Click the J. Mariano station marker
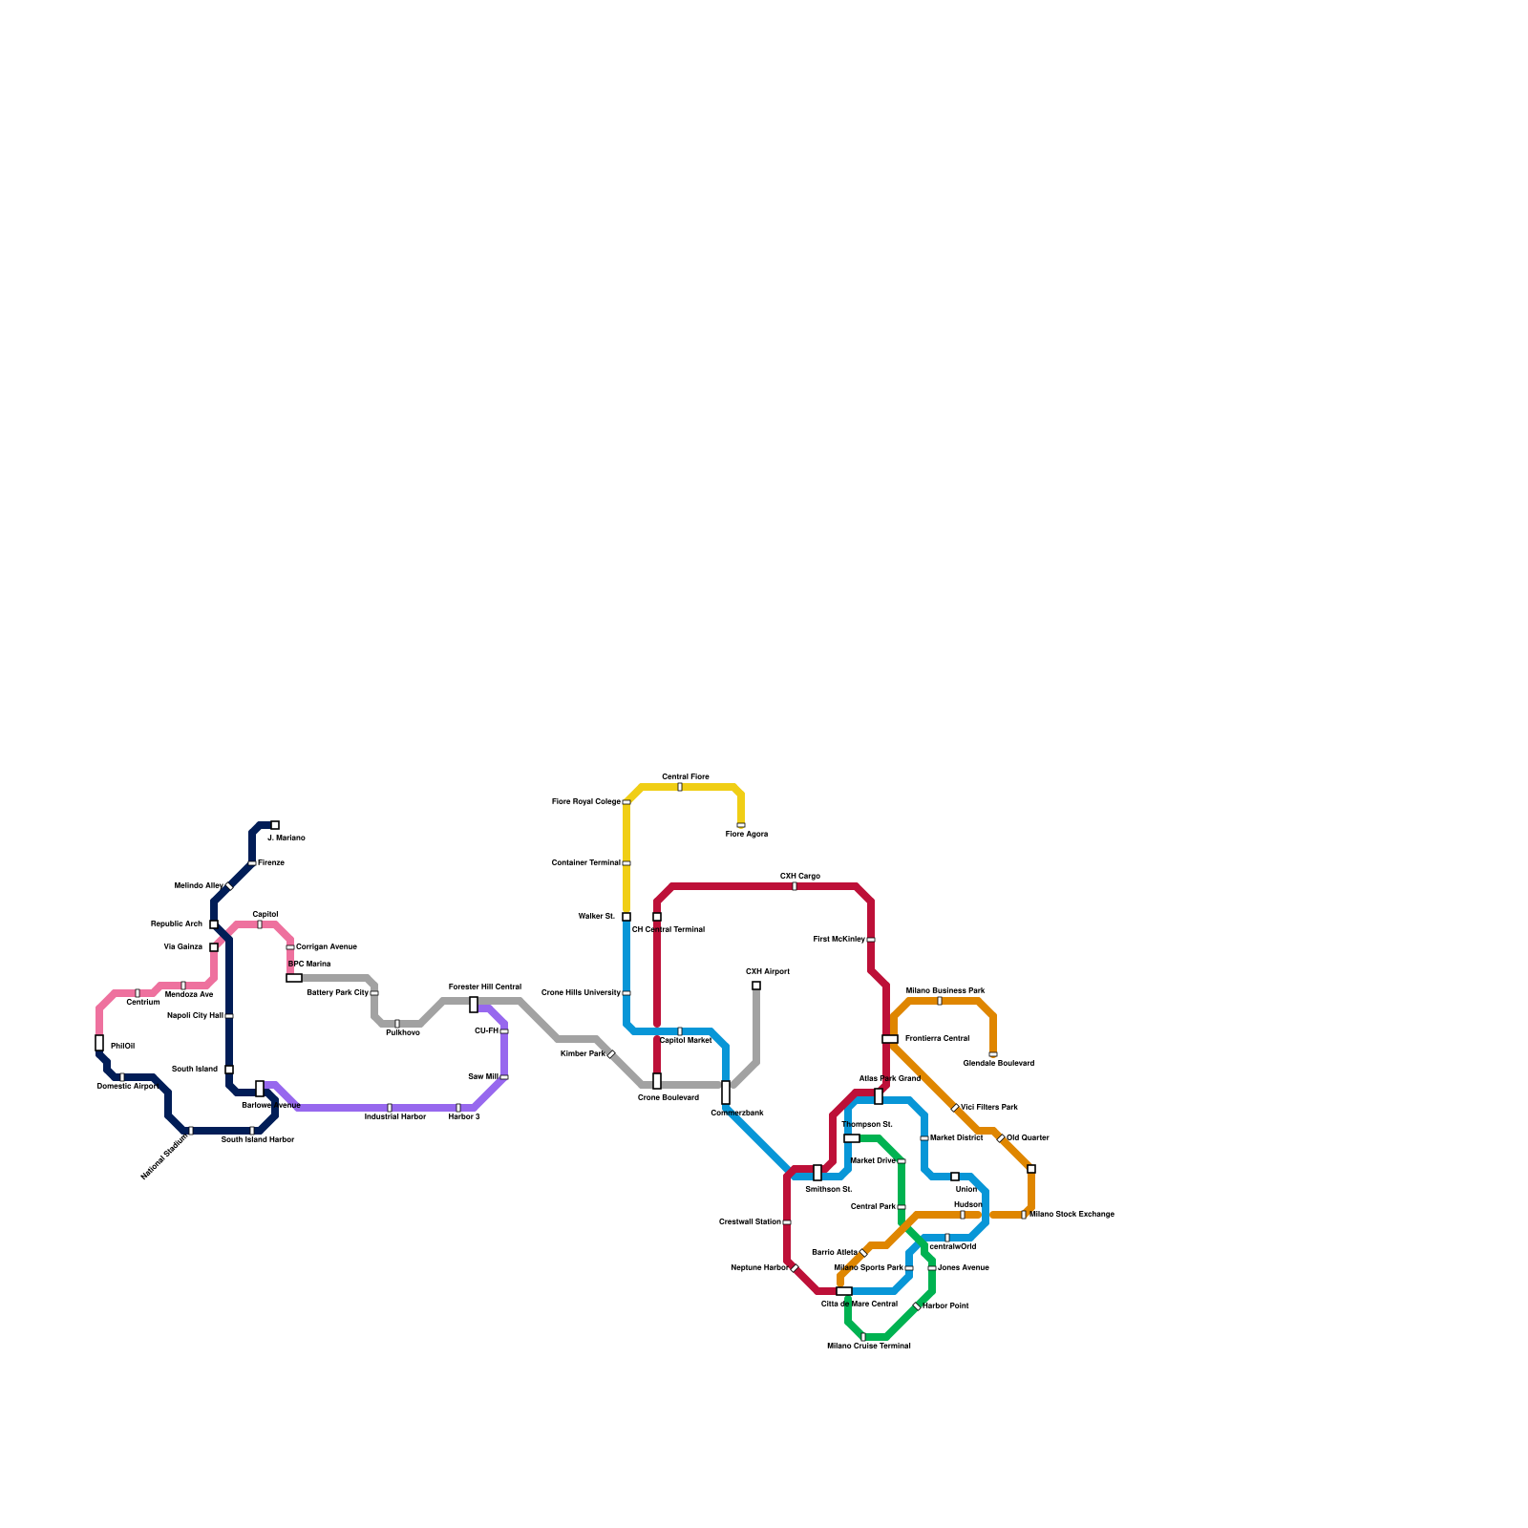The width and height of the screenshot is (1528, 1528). tap(275, 825)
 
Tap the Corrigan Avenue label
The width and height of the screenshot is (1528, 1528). tap(326, 947)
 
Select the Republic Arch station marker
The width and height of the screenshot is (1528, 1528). tap(214, 924)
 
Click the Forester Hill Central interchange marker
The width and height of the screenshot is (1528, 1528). tap(474, 1005)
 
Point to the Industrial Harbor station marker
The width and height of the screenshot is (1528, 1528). tap(390, 1108)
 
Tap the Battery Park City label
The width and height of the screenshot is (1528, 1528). tap(337, 993)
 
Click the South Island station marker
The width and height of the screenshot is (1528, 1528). tap(229, 1070)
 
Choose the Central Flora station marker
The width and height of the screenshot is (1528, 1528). tap(680, 787)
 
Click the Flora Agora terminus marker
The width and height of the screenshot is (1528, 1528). tap(741, 825)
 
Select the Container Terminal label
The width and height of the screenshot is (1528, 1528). tap(585, 863)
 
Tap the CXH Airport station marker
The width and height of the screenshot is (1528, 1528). tap(756, 986)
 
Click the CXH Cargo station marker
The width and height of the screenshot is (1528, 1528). tap(795, 886)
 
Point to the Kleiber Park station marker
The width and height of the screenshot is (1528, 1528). tap(611, 1054)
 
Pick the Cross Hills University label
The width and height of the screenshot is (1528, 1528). tap(581, 993)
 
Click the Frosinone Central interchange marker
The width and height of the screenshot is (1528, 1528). tap(890, 1039)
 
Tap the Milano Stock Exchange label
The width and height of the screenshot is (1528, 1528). tap(1072, 1215)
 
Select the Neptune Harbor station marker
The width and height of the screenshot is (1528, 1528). tap(795, 1268)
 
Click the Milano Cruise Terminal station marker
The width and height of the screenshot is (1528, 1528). tap(863, 1337)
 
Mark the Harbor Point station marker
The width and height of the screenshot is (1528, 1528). tap(917, 1306)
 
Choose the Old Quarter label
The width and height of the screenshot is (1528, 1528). tap(1028, 1138)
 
